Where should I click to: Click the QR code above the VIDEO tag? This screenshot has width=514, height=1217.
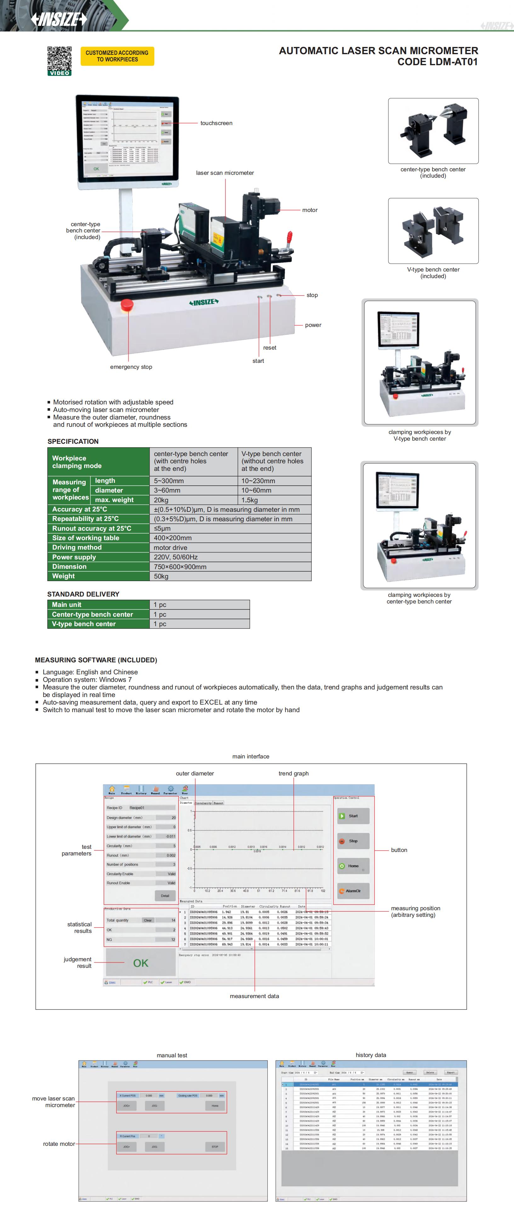click(x=59, y=58)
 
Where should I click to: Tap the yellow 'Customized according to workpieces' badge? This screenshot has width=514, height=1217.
click(x=117, y=56)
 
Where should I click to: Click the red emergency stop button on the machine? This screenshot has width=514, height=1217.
click(x=127, y=305)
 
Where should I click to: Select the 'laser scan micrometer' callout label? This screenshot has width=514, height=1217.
click(x=225, y=173)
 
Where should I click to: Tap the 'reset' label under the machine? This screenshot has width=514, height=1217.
click(x=270, y=348)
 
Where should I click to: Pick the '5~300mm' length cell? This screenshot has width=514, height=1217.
click(x=169, y=481)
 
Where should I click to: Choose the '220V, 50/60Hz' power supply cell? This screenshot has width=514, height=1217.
click(x=176, y=557)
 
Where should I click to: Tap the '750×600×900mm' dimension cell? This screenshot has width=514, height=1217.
click(x=180, y=566)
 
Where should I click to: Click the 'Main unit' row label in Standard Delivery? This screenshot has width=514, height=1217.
click(x=67, y=605)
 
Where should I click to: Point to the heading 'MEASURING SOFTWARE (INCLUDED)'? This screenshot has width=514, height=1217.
click(x=96, y=660)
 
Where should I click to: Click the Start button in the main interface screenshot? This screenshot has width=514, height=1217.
click(x=353, y=816)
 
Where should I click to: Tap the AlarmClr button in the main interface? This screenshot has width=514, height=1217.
click(x=353, y=891)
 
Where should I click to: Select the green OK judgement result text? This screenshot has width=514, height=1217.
click(x=140, y=963)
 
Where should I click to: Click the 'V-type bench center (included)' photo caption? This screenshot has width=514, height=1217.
click(x=433, y=273)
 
